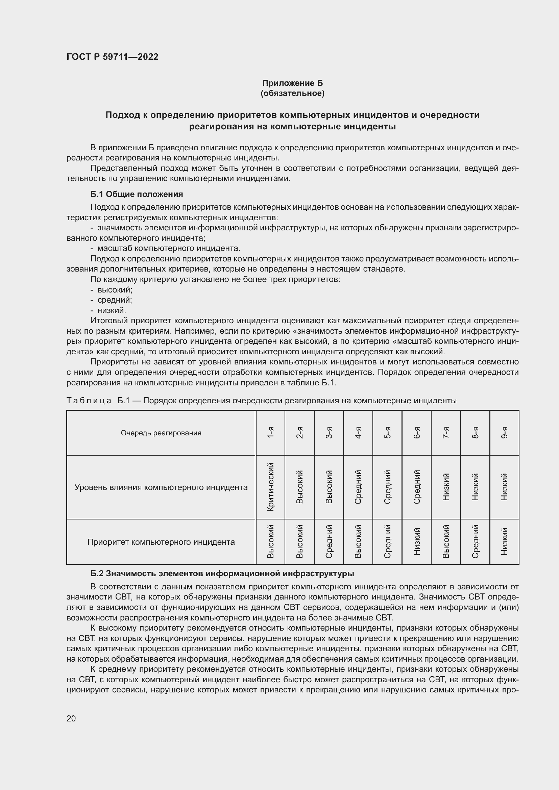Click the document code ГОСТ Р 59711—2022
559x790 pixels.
[112, 57]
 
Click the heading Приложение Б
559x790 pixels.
[292, 83]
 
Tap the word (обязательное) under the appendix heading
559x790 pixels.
[292, 93]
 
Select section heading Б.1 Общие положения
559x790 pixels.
[137, 194]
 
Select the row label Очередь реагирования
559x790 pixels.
[161, 433]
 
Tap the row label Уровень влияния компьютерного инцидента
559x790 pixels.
[161, 487]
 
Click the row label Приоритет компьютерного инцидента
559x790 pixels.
[161, 542]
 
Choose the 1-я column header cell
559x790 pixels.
[271, 433]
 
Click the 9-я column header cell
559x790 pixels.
[504, 433]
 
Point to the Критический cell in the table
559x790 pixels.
[271, 487]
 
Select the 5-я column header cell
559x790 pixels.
[387, 433]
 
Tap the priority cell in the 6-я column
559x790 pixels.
[416, 541]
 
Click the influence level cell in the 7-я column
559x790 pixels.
[446, 487]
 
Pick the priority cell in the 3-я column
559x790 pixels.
[329, 541]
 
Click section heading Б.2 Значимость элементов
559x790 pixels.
[222, 574]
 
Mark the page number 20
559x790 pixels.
[71, 718]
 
